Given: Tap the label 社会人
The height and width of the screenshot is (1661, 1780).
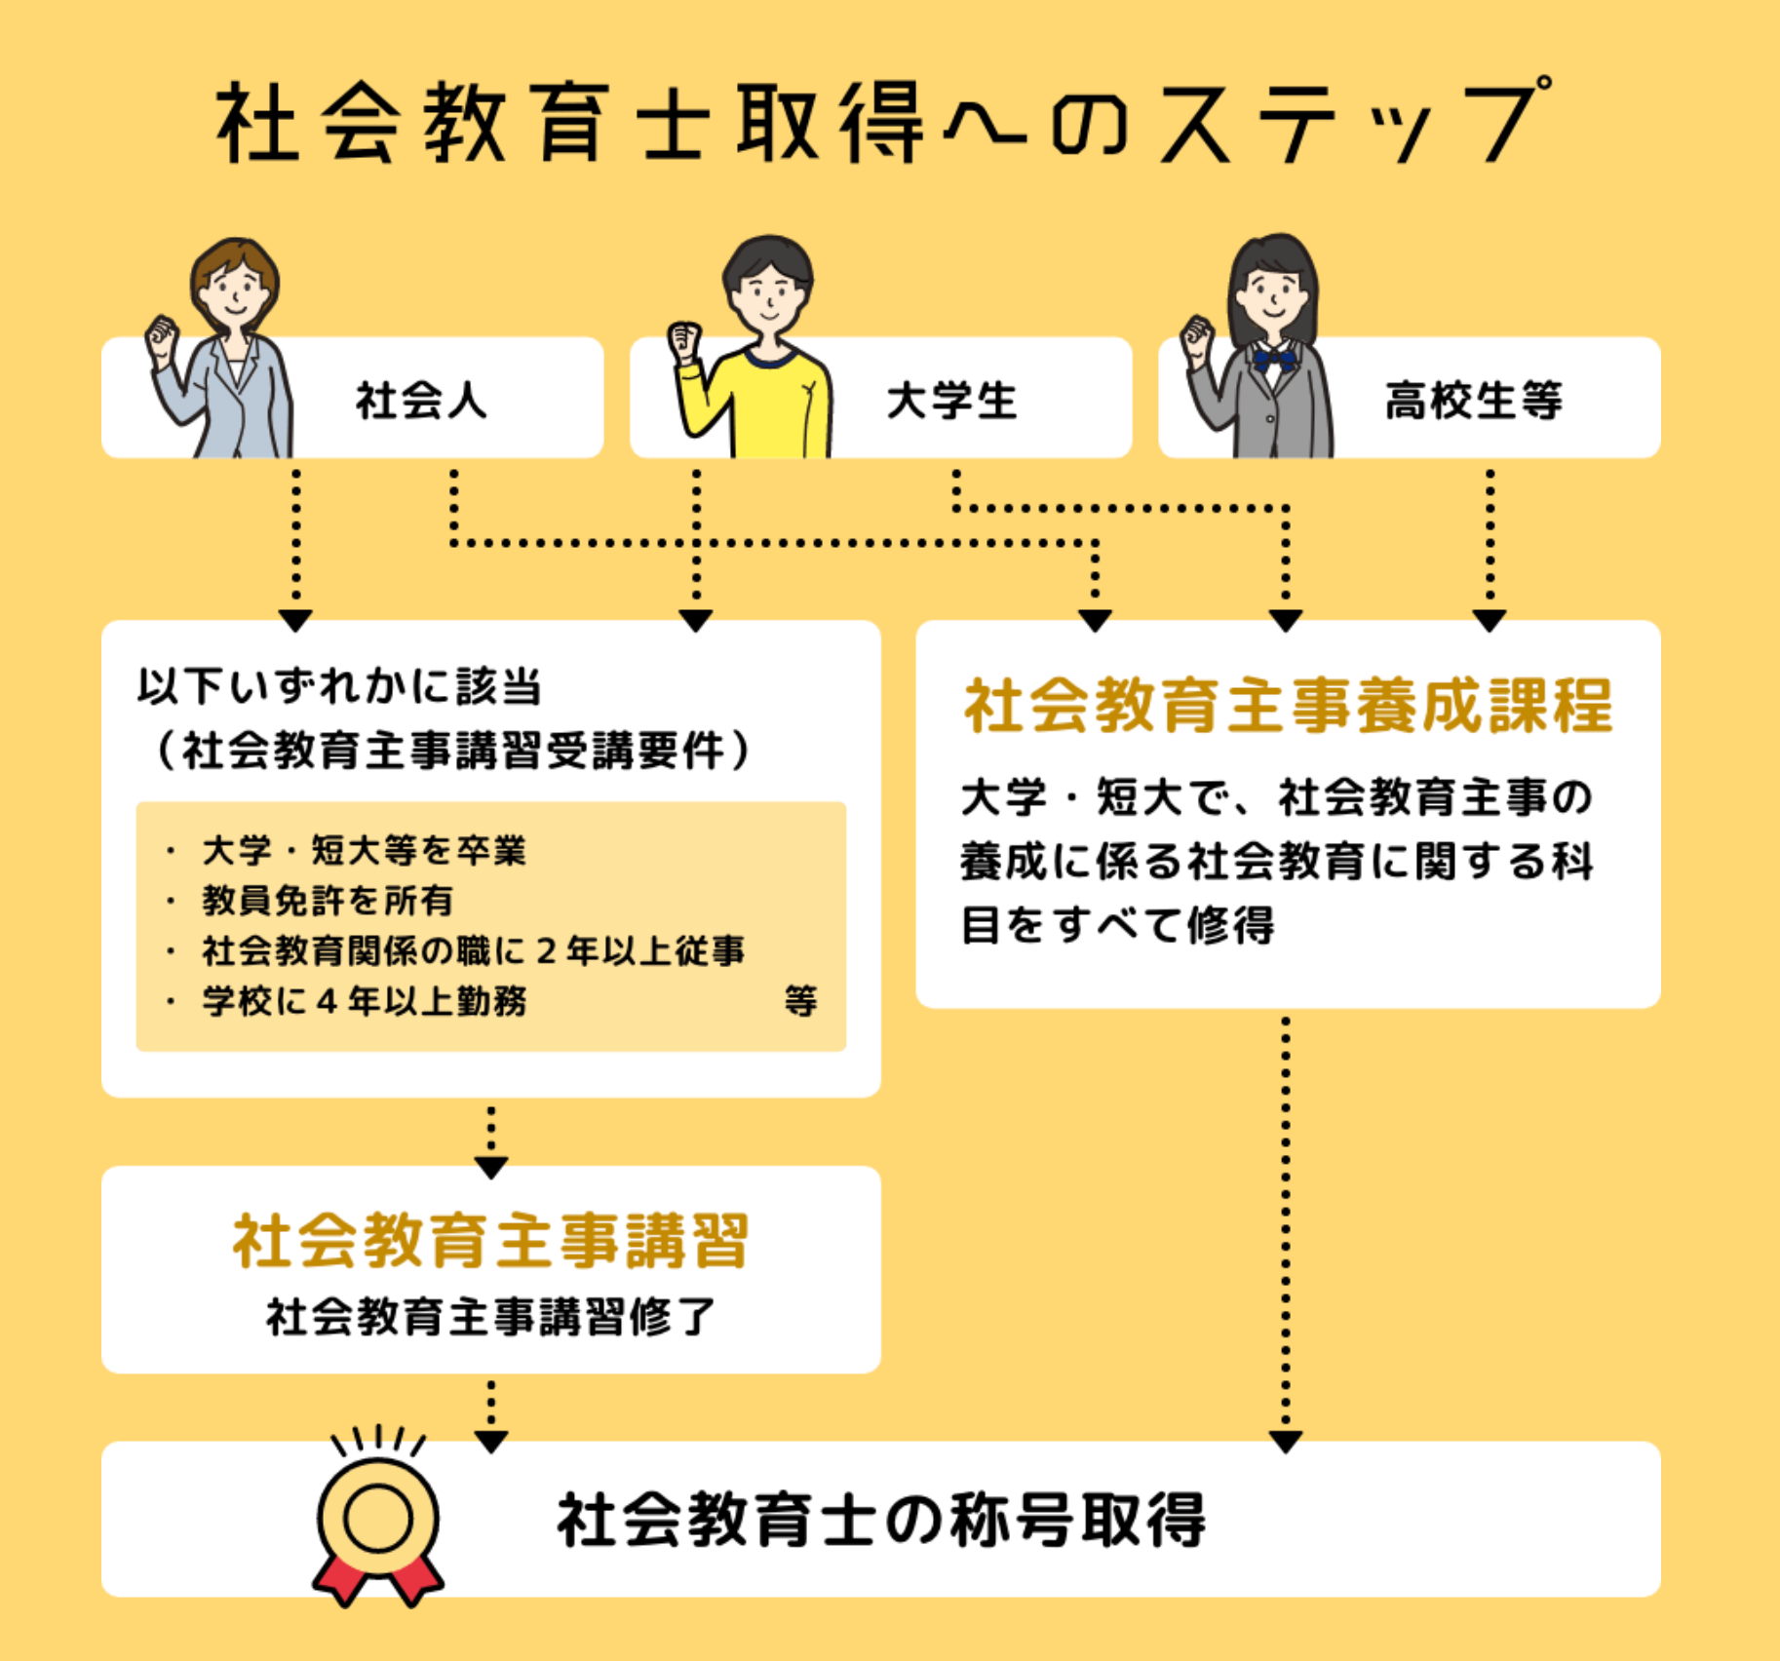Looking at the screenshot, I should pos(421,401).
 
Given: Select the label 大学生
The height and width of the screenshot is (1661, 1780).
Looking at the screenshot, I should pos(951,401).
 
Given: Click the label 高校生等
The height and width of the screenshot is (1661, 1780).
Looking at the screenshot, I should pos(1473,401).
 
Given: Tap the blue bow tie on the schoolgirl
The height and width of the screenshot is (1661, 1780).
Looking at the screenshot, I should pos(1274,361).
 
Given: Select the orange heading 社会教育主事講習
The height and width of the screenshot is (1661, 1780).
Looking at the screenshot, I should pos(490,1241).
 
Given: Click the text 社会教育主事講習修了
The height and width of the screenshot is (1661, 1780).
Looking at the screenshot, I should pos(490,1317).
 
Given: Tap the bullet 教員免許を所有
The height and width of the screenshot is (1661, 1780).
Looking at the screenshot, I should pos(328,901).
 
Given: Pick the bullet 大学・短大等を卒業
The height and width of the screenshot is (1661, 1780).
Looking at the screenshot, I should pos(364,851).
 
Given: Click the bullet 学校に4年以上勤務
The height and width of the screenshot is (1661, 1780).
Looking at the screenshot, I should pos(364,1001).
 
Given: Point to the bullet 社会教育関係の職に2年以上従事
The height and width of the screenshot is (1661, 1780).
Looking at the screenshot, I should pos(473,951).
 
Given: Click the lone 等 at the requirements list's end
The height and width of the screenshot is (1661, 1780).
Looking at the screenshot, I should pos(800,1001).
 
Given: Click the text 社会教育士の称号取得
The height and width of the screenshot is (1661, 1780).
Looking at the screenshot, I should pos(881,1520).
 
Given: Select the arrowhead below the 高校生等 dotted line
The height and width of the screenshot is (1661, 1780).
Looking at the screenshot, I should pos(1490,621).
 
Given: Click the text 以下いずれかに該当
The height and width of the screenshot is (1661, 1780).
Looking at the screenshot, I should pos(339,687).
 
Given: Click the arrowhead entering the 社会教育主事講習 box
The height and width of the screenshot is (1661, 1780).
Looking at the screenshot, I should pos(490,1167).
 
